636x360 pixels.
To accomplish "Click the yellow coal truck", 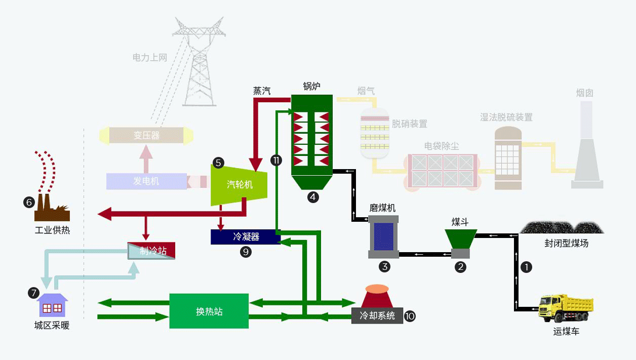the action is [566, 308].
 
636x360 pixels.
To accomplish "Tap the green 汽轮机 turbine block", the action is [239, 185].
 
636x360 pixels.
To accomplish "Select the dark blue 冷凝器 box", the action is [246, 237].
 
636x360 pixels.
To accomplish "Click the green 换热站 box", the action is [209, 311].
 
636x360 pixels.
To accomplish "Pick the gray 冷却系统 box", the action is [377, 315].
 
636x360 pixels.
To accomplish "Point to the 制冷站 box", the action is [151, 251].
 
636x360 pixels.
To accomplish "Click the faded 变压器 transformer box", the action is [146, 135].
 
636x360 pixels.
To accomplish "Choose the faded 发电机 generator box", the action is [146, 181].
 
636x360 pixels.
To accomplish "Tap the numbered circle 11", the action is [276, 161].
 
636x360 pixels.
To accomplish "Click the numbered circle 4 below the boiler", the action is [313, 197].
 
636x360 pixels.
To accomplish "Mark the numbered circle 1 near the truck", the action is [526, 267].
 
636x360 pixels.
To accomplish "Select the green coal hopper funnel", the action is [461, 239].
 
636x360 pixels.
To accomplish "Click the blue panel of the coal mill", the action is [384, 236].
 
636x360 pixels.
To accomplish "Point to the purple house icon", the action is [52, 305].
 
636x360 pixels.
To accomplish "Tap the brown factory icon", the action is [52, 208].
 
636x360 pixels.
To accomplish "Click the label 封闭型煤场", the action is [566, 244].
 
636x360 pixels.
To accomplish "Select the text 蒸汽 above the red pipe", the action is [262, 91].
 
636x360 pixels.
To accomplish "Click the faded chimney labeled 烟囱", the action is [587, 145].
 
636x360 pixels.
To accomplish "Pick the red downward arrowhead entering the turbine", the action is [256, 165].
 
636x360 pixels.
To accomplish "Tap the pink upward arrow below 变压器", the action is [146, 159].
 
